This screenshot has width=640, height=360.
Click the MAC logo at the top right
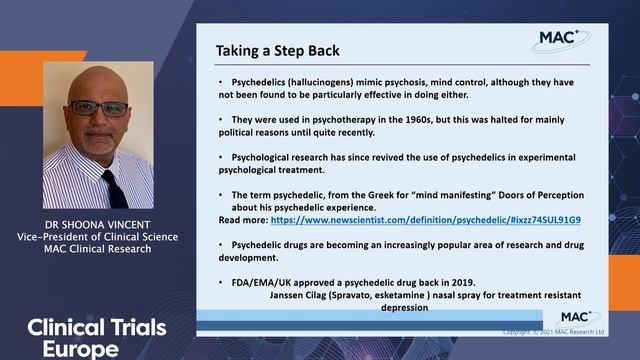click(x=560, y=39)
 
